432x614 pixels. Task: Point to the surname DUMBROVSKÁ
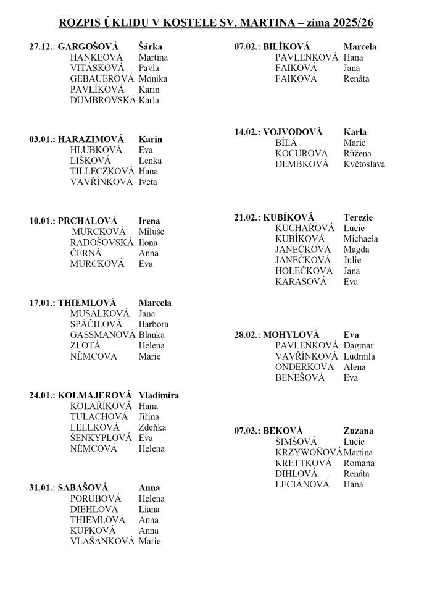pos(102,100)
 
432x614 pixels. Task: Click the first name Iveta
pos(148,182)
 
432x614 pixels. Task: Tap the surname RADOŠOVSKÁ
pos(102,242)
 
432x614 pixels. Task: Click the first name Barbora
pos(154,324)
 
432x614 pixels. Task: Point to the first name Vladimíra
pos(159,395)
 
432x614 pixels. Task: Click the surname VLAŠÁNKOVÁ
pos(102,541)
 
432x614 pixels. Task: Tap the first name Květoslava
pos(364,164)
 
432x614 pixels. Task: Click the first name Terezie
pos(358,217)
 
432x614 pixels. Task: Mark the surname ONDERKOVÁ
pos(304,367)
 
